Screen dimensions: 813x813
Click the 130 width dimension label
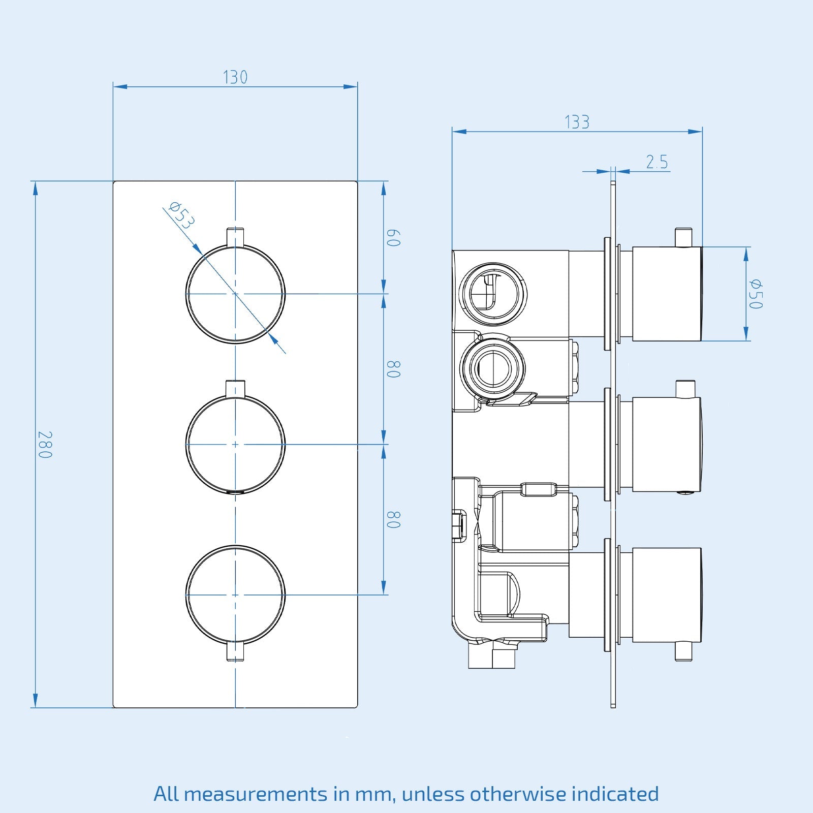[235, 77]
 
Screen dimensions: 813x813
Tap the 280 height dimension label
[45, 445]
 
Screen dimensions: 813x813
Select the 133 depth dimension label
[577, 122]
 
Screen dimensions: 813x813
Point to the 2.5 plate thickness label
[656, 162]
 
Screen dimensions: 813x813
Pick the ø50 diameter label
[756, 294]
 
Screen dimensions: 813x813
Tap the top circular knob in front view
[235, 294]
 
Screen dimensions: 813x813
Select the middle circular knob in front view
[235, 444]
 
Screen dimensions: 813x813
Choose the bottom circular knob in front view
[235, 595]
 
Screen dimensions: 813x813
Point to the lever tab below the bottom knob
[235, 651]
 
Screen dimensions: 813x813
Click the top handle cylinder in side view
[667, 294]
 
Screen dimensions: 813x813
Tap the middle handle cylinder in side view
[667, 444]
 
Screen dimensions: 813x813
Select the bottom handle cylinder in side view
[667, 595]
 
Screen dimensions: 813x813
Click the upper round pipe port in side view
[492, 294]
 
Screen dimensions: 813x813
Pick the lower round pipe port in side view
[492, 366]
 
